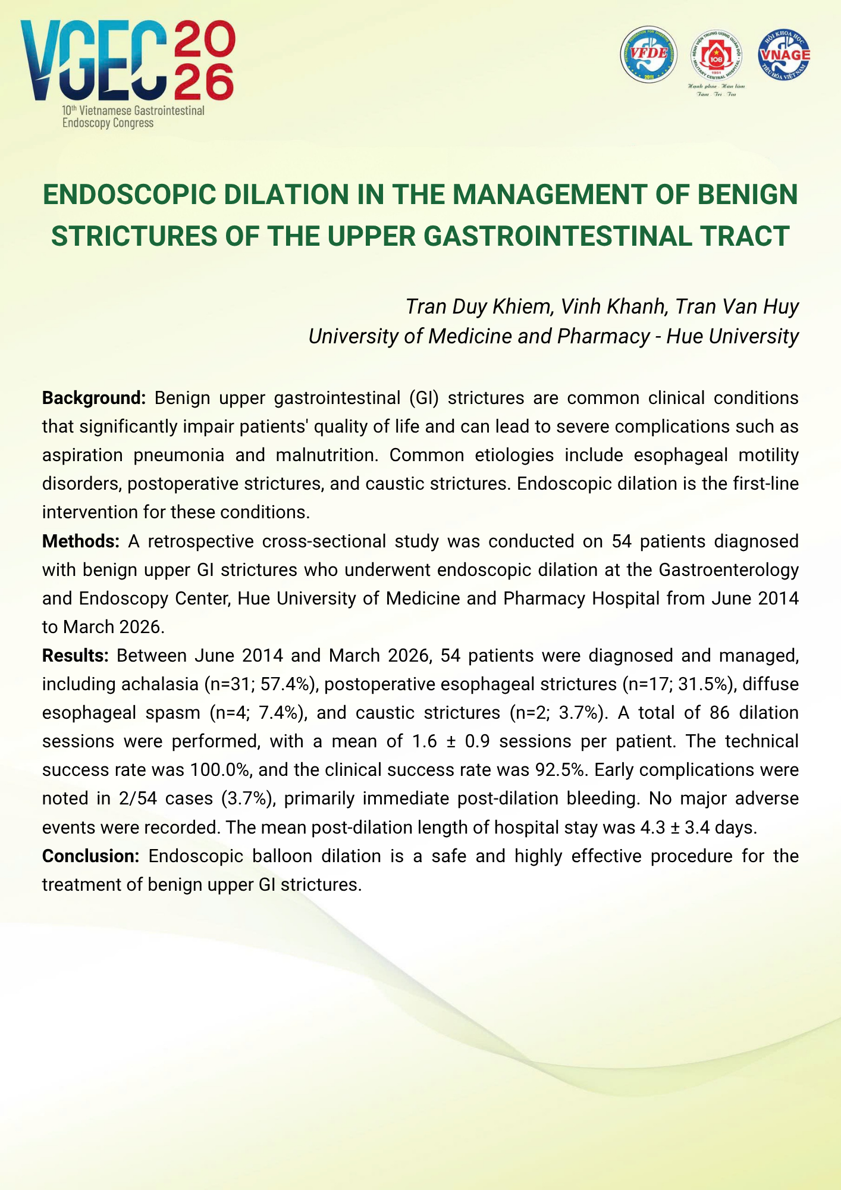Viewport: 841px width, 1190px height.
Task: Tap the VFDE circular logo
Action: [648, 55]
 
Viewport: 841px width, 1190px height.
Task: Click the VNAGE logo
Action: [784, 55]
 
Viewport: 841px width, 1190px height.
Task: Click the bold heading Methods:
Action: [81, 541]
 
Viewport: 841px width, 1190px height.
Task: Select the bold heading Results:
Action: [75, 656]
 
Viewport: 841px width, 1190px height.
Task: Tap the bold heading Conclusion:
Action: [90, 856]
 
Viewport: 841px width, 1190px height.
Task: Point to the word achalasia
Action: [159, 684]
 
